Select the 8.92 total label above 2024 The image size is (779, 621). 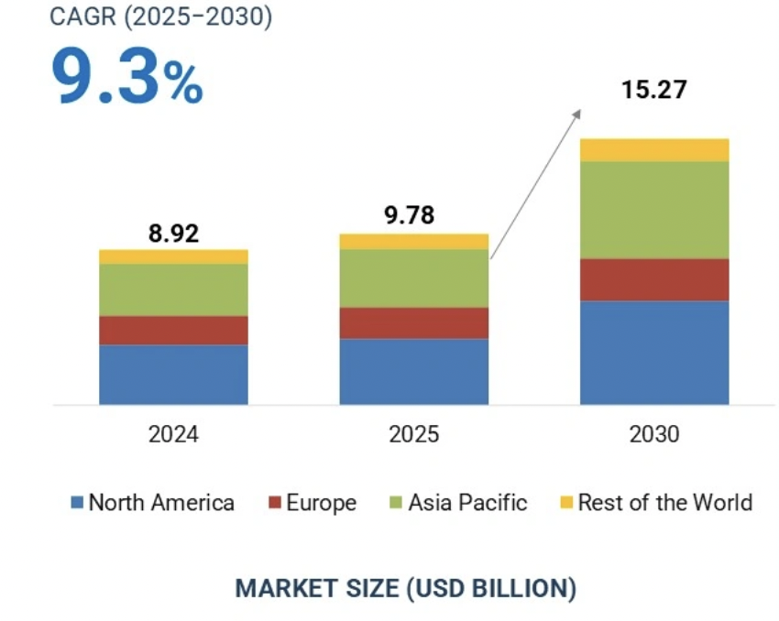point(173,233)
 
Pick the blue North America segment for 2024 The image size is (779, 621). point(173,374)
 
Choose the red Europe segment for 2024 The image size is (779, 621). point(173,330)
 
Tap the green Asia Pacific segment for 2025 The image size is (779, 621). point(413,278)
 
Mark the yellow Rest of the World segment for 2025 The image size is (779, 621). point(413,241)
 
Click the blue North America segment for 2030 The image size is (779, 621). point(654,352)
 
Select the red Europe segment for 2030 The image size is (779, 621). point(654,279)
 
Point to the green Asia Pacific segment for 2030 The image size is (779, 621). point(654,210)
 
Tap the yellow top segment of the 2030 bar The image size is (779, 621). point(654,149)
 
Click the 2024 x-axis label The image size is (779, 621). point(173,434)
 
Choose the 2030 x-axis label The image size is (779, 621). point(654,434)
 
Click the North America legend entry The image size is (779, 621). point(152,503)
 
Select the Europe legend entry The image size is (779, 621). point(312,503)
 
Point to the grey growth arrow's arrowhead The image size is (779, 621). point(577,112)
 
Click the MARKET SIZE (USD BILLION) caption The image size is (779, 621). point(406,588)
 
